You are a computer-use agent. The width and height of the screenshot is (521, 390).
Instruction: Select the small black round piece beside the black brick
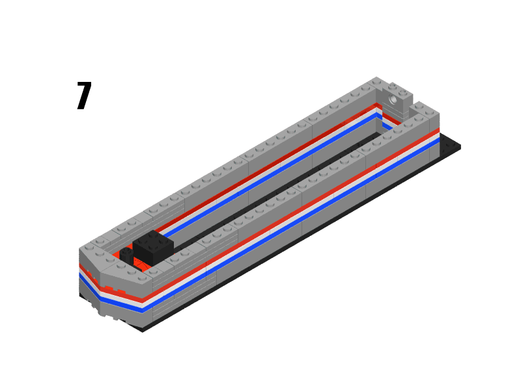(126, 255)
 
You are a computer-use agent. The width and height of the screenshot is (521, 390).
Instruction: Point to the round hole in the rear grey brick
(393, 100)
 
